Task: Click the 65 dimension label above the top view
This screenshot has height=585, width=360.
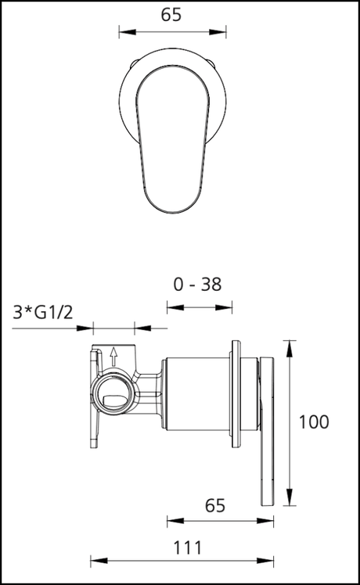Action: click(x=171, y=15)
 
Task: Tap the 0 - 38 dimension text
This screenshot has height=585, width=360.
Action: click(x=197, y=285)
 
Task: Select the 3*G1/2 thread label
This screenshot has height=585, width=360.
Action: click(x=43, y=312)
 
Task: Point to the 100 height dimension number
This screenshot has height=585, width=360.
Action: click(x=314, y=422)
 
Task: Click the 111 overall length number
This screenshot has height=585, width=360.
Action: click(x=188, y=548)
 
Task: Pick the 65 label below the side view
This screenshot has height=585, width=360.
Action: click(x=215, y=506)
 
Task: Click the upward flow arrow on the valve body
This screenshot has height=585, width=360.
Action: click(x=114, y=357)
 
